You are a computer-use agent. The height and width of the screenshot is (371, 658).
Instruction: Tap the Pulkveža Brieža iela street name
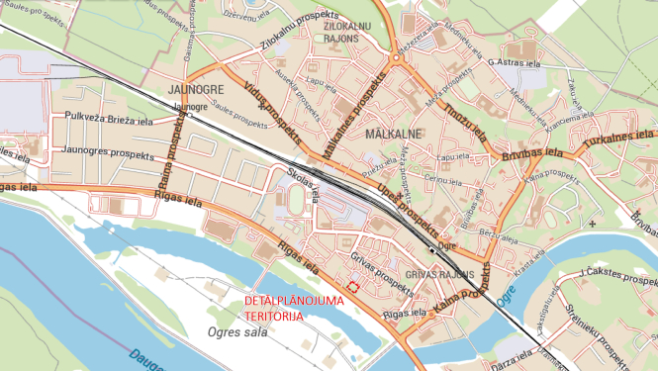[108, 119]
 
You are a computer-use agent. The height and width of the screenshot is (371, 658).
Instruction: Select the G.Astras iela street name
[511, 61]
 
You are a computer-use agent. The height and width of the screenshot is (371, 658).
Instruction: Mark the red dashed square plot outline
[351, 288]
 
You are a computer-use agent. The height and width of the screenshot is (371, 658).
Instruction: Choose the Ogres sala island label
[239, 331]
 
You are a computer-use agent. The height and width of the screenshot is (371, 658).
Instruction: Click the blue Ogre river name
[508, 293]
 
